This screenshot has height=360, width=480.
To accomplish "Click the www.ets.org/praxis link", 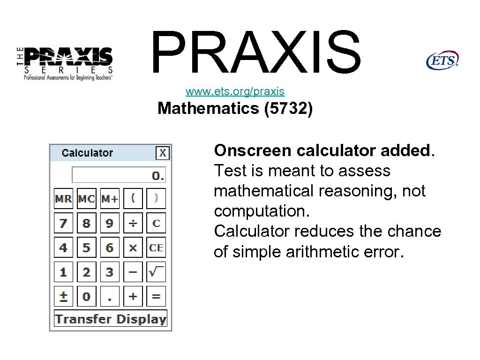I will pyautogui.click(x=235, y=91).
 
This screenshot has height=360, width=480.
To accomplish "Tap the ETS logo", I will pyautogui.click(x=442, y=60).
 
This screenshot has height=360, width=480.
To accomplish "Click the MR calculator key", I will pyautogui.click(x=63, y=199).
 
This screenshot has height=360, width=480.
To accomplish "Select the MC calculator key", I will pyautogui.click(x=86, y=199).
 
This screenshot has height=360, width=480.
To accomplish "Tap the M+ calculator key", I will pyautogui.click(x=110, y=199).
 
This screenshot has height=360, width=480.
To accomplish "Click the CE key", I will pyautogui.click(x=156, y=247).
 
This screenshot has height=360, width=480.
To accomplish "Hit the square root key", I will pyautogui.click(x=156, y=272).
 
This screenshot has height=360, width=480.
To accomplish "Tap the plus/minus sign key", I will pyautogui.click(x=63, y=296).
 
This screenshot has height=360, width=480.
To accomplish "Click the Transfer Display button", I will pyautogui.click(x=111, y=319).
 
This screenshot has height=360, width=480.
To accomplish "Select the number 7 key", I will pyautogui.click(x=63, y=223).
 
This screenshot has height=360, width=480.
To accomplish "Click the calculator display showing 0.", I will pyautogui.click(x=119, y=175).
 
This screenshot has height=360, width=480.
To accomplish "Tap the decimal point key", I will pyautogui.click(x=110, y=296).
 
